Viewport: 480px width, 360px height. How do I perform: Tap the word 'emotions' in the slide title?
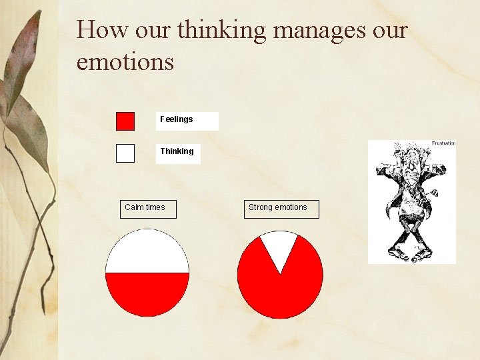click(x=125, y=61)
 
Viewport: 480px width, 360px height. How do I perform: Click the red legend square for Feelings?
click(x=125, y=121)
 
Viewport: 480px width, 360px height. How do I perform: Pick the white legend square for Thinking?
click(x=125, y=153)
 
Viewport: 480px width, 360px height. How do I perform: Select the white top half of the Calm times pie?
click(x=147, y=252)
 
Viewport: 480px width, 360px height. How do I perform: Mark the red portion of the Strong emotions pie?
click(x=280, y=293)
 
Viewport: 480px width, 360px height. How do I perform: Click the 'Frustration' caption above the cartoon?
click(x=443, y=143)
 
